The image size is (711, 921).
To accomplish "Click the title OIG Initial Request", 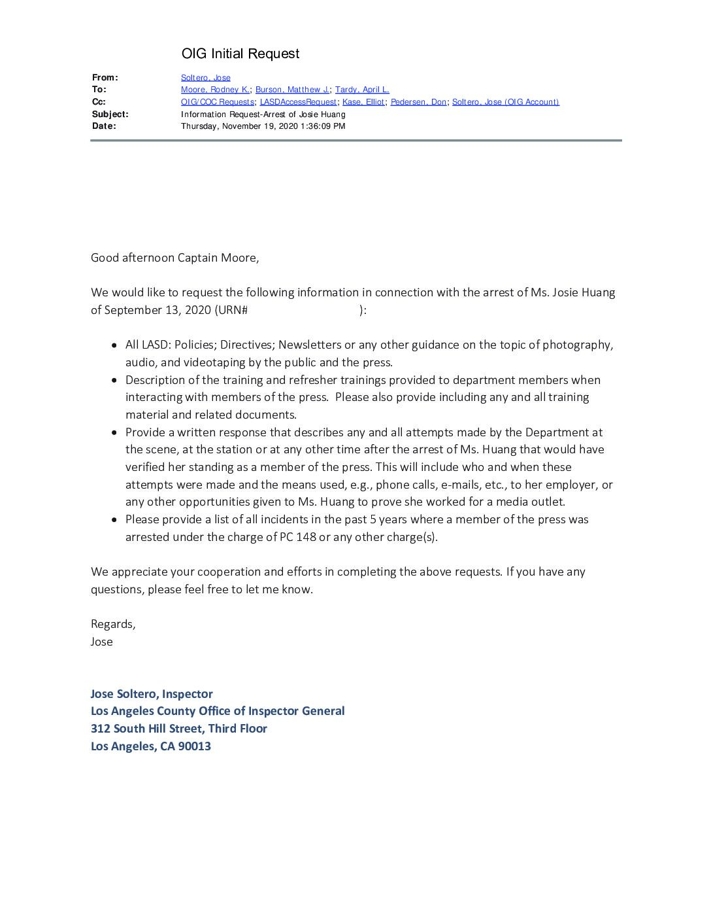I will tap(240, 54).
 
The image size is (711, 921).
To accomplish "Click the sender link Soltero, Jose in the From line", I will tap(205, 78).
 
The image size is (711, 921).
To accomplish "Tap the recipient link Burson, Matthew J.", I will tap(292, 90).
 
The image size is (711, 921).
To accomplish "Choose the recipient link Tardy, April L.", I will tap(362, 90).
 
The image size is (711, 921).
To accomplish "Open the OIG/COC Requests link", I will tap(217, 102).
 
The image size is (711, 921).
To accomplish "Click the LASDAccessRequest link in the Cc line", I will tap(298, 102).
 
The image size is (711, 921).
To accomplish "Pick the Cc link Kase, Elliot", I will tap(363, 102).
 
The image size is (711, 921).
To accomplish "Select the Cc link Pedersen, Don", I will tap(418, 102).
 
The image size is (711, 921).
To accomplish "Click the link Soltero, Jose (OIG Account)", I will tap(505, 102).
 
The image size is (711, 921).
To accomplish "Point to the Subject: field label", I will tap(110, 114).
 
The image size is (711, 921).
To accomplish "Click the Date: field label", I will tap(104, 126).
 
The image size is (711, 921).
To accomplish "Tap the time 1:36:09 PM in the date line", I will tap(323, 126).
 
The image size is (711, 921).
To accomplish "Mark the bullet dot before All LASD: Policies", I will tap(115, 345).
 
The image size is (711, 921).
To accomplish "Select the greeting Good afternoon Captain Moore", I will tap(174, 258).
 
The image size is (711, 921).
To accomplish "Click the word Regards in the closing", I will tap(112, 624).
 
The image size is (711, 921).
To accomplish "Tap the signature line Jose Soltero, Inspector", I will tap(152, 694).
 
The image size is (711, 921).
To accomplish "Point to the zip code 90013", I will tap(194, 746).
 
